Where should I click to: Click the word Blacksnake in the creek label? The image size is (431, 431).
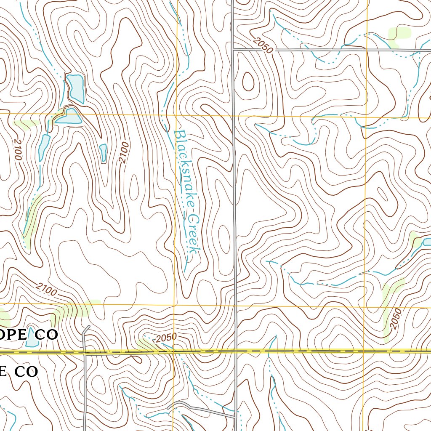pos(184,168)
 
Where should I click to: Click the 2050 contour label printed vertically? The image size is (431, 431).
pos(396,319)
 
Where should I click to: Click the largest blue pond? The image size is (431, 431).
pos(76,88)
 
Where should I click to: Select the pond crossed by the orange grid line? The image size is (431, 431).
pos(69,116)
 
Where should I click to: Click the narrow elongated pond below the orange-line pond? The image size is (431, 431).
pos(44,147)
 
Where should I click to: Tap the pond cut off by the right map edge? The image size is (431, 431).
pos(426,242)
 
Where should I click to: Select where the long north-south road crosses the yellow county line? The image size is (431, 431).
pos(235,351)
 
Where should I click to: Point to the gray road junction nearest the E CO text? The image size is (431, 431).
pos(85,354)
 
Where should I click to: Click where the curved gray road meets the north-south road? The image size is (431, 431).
pos(234,416)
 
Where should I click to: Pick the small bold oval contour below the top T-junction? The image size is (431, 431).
pos(248,81)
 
